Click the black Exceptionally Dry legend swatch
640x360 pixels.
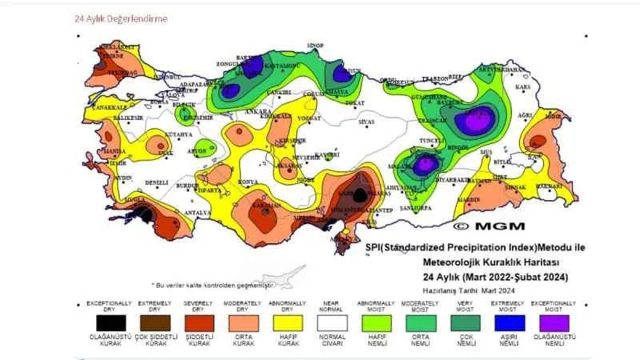coord(104,323)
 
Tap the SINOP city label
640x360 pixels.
coord(316,46)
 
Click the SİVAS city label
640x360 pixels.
coord(366,122)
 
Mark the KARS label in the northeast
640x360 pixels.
coord(524,86)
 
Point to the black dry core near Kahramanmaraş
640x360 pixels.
coord(361,194)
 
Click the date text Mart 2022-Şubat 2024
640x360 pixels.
coord(502,277)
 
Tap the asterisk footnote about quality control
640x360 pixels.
coord(213,285)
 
